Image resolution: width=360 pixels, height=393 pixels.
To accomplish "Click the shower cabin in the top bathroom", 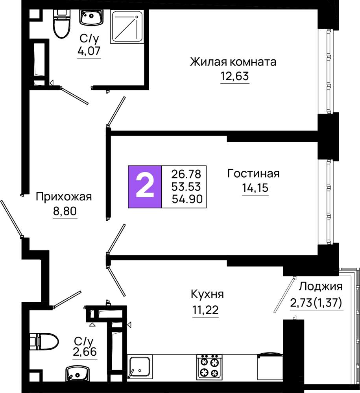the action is pyautogui.click(x=127, y=27).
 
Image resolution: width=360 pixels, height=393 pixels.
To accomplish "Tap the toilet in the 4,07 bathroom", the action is pyautogui.click(x=61, y=24).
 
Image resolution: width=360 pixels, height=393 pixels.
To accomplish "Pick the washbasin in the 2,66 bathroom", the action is pyautogui.click(x=78, y=373).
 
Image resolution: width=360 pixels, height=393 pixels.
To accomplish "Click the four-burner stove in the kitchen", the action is pyautogui.click(x=209, y=366).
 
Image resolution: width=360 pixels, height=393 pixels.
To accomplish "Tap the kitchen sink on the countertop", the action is pyautogui.click(x=140, y=366).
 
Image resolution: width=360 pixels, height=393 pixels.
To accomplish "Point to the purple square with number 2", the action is pyautogui.click(x=145, y=187).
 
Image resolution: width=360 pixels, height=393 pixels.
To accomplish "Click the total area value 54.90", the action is pyautogui.click(x=187, y=199).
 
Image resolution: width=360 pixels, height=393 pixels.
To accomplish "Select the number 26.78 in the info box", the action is pyautogui.click(x=186, y=174).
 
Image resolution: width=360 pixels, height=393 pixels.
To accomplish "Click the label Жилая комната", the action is pyautogui.click(x=233, y=62).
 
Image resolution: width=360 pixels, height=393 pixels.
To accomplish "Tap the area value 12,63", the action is pyautogui.click(x=235, y=76).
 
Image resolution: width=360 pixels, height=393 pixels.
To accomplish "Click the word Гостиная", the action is pyautogui.click(x=253, y=173).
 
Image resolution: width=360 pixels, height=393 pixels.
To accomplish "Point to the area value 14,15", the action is pyautogui.click(x=255, y=188).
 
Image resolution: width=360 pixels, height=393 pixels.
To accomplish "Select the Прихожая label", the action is pyautogui.click(x=64, y=197).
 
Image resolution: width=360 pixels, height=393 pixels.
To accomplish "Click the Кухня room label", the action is pyautogui.click(x=207, y=294).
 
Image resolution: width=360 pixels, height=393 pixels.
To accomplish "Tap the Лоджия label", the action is pyautogui.click(x=320, y=286).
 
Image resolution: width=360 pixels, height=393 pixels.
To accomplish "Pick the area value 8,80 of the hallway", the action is pyautogui.click(x=65, y=211).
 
